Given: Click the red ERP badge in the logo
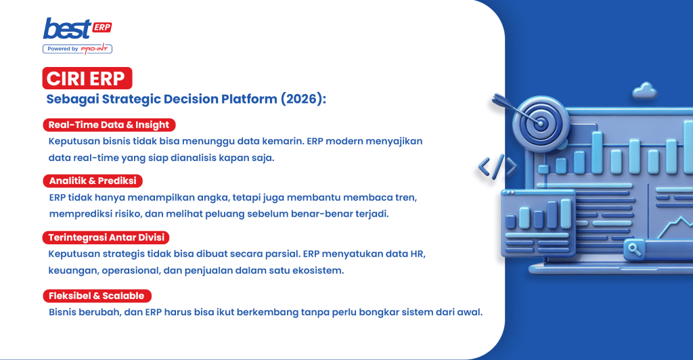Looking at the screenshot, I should [102, 27].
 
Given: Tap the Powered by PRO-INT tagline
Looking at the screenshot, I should [77, 49].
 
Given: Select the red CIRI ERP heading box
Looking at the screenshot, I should [87, 78].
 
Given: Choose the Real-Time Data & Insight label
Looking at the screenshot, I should [109, 125].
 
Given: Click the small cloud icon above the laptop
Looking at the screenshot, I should [645, 90].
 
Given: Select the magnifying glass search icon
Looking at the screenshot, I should [635, 248].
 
